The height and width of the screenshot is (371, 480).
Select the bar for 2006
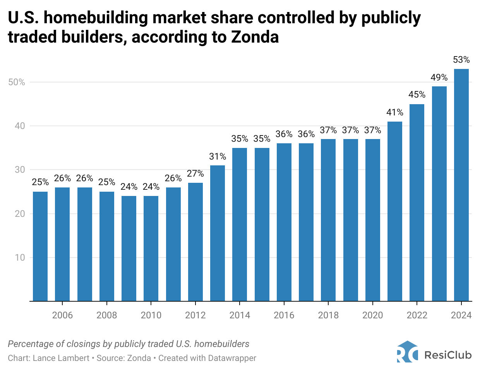pyautogui.click(x=62, y=244)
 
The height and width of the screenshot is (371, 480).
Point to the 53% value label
pyautogui.click(x=461, y=60)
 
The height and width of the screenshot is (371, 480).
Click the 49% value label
pyautogui.click(x=439, y=77)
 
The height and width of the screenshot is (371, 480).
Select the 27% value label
pyautogui.click(x=195, y=173)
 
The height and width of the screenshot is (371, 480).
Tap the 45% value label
pyautogui.click(x=417, y=95)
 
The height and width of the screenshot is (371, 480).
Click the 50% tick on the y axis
pyautogui.click(x=16, y=82)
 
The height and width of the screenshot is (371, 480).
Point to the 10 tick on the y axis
pyautogui.click(x=20, y=258)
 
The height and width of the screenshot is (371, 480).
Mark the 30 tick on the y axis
pyautogui.click(x=20, y=170)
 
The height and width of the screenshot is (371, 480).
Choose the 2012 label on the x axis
pyautogui.click(x=195, y=315)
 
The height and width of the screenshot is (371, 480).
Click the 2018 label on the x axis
pyautogui.click(x=328, y=315)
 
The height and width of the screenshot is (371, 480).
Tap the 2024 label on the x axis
pyautogui.click(x=461, y=315)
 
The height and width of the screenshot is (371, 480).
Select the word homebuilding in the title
pyautogui.click(x=100, y=18)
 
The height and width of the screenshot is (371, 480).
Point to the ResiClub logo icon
pyautogui.click(x=407, y=352)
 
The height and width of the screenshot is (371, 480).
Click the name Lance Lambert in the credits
pyautogui.click(x=61, y=358)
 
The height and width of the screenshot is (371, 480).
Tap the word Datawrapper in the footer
pyautogui.click(x=232, y=358)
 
